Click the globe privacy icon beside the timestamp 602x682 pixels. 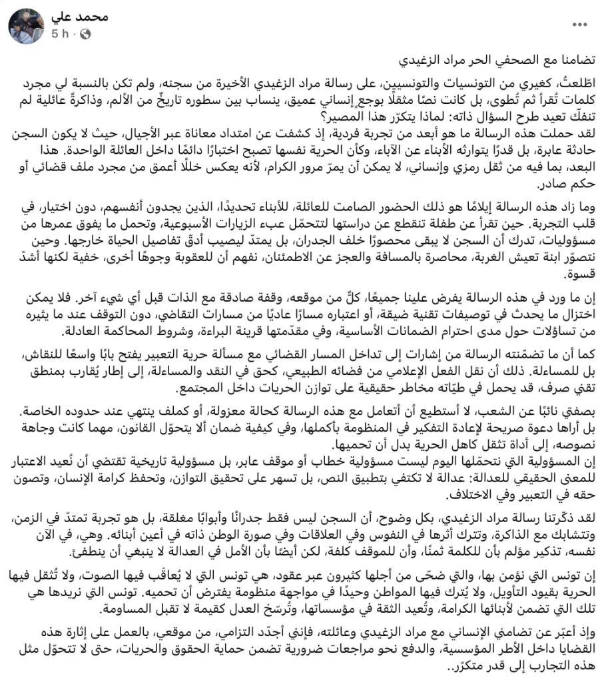click(85, 33)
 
